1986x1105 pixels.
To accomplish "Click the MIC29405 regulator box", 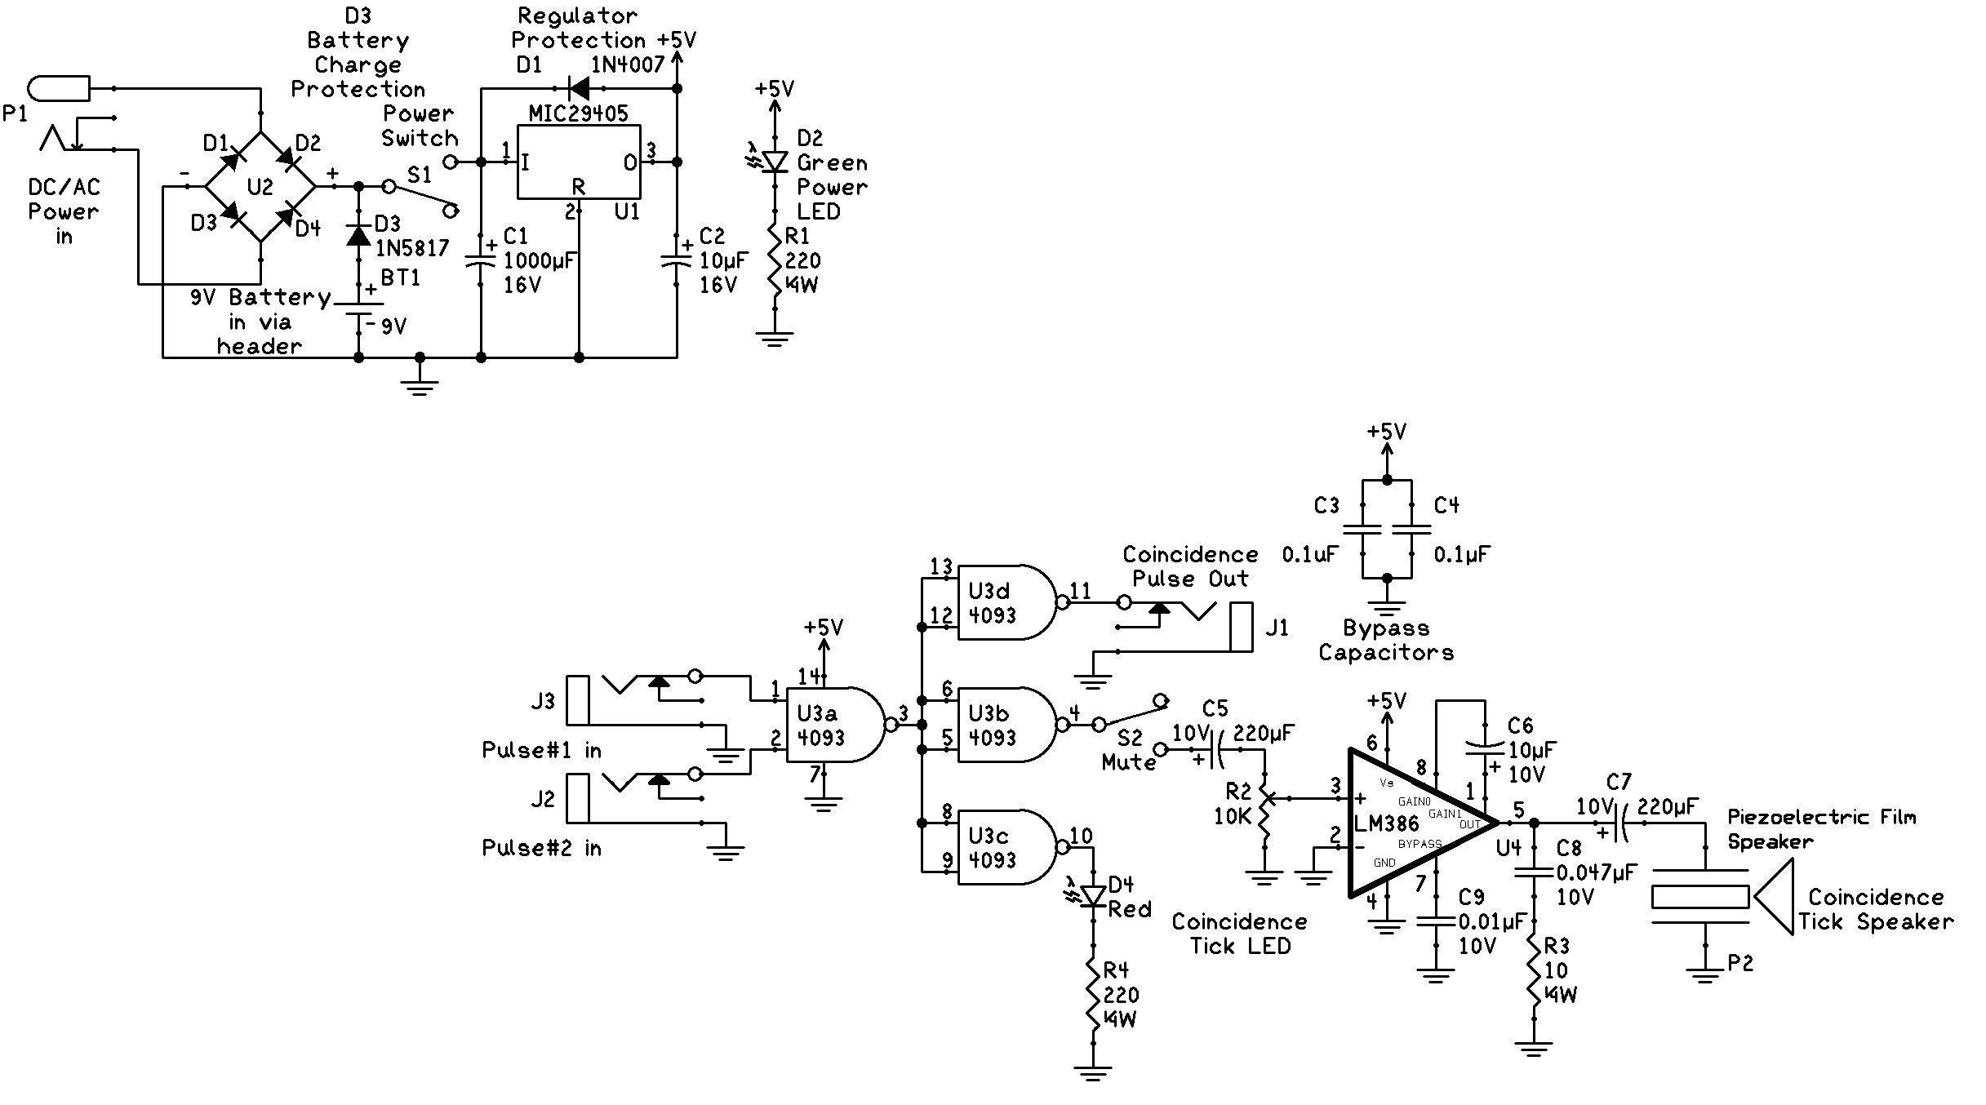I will coord(578,162).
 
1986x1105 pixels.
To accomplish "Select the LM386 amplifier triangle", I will coord(1412,823).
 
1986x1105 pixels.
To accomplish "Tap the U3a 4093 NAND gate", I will coord(833,725).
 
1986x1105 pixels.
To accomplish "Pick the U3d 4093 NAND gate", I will coord(1004,602).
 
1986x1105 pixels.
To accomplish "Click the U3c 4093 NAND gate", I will coord(1004,847).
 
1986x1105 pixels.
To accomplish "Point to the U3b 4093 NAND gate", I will coord(1004,725).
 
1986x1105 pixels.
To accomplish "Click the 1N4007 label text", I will coord(628,64).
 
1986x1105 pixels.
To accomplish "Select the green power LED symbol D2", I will coord(774,162).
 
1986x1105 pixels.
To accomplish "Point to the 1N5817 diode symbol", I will coord(358,235).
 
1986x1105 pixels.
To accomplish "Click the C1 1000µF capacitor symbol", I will coord(481,261).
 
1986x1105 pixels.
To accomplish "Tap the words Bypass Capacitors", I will coord(1386,640).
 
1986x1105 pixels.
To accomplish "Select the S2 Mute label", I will coord(1129,750).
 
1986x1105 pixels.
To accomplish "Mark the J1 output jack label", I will coord(1277,628).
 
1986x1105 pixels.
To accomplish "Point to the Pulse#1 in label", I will coord(541,750).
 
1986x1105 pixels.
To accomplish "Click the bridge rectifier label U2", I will coord(260,187).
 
